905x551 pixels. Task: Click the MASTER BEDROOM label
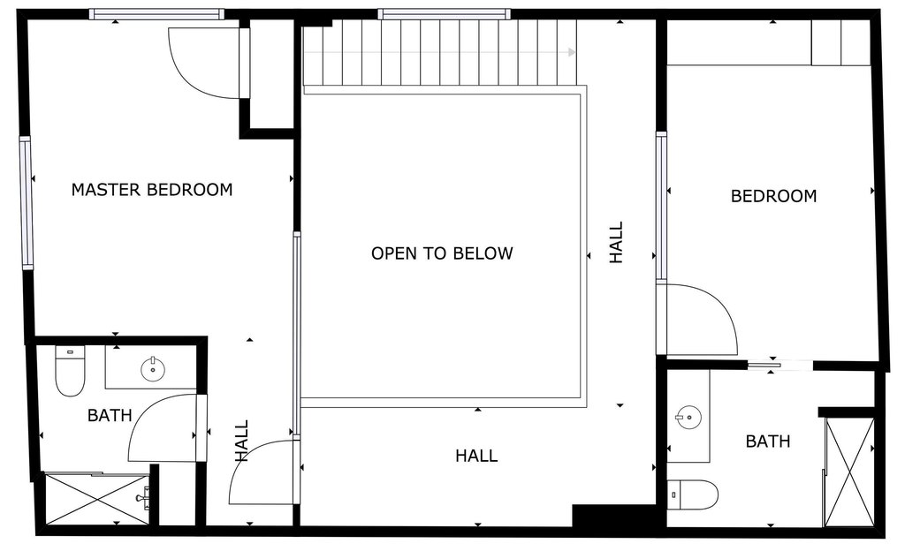click(x=152, y=190)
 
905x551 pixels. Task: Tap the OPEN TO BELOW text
click(x=442, y=253)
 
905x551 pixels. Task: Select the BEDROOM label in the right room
click(x=774, y=196)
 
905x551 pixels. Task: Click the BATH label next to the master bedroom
click(x=110, y=415)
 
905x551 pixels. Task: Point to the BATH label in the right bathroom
click(x=768, y=442)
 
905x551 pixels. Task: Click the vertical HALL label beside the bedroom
click(x=617, y=243)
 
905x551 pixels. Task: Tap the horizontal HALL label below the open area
click(x=476, y=456)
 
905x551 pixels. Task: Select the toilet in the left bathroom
click(x=71, y=371)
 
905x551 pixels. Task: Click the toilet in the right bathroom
click(x=693, y=495)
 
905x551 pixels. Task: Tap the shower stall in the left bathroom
click(x=97, y=499)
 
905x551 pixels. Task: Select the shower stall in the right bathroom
click(x=849, y=472)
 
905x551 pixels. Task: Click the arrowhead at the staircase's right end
click(x=572, y=52)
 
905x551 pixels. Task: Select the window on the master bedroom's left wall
click(x=27, y=203)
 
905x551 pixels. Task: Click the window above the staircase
click(x=445, y=14)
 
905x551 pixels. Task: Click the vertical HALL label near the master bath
click(x=242, y=441)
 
